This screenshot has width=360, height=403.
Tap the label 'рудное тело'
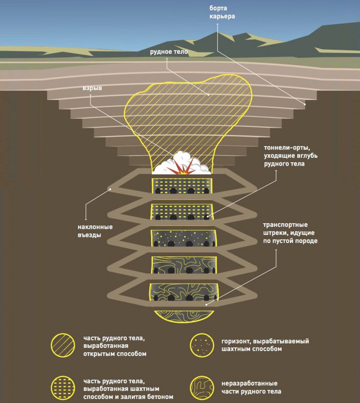(169, 52)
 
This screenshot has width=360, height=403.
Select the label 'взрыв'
(92, 90)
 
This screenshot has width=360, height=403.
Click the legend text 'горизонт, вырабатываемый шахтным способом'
(265, 345)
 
